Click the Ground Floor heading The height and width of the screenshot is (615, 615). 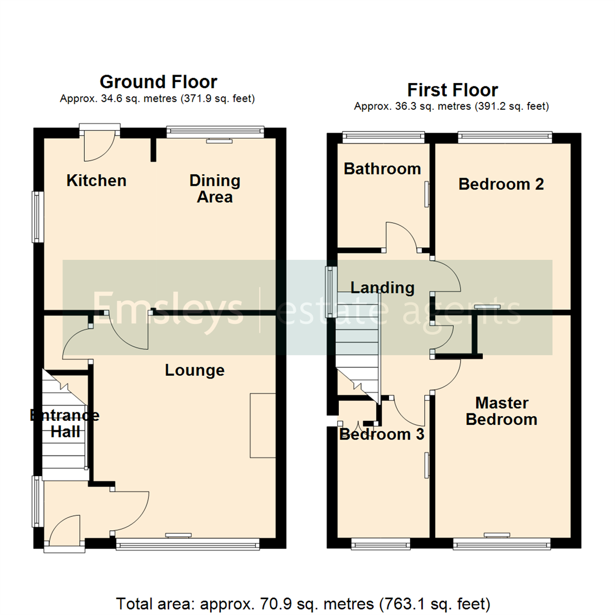point(158,82)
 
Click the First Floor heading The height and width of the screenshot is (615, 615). point(452,90)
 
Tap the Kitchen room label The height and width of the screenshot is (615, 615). point(96,181)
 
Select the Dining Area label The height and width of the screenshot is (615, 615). point(215,189)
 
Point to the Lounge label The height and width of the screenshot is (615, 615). point(195,371)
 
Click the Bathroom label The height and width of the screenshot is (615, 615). point(382,169)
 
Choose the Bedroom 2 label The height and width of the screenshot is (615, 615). point(501,184)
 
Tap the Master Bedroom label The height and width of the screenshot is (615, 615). point(501,411)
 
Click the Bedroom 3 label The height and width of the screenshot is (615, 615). point(382,434)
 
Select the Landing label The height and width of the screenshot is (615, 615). point(382,288)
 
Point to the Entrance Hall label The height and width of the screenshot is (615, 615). point(64,424)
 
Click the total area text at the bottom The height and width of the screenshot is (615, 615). point(303,603)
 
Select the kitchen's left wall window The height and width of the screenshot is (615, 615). point(38,216)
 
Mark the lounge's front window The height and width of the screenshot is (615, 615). point(187,545)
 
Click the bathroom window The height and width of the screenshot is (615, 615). point(383,136)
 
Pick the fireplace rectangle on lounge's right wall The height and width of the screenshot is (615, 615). point(263,425)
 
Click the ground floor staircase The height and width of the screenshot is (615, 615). point(65,424)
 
